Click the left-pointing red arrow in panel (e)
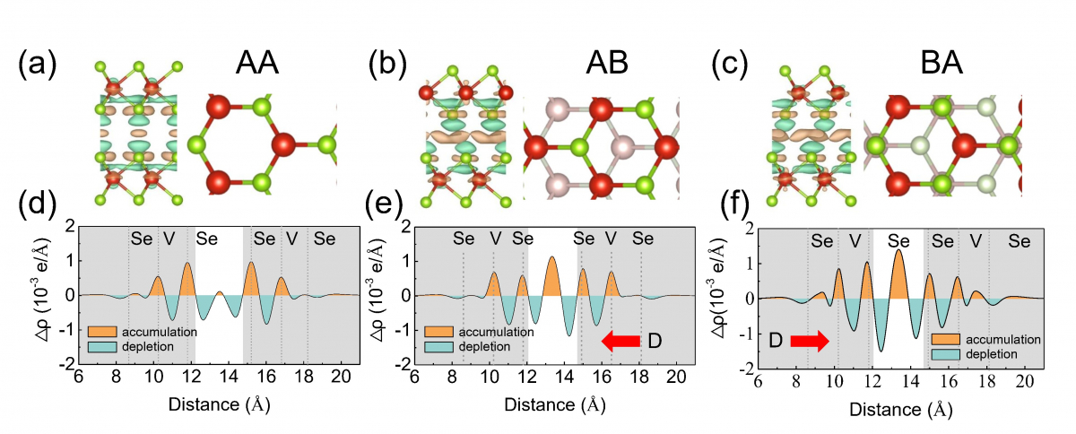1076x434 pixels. [620, 340]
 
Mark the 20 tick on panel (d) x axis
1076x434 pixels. [340, 377]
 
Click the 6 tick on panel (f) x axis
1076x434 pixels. [758, 382]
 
